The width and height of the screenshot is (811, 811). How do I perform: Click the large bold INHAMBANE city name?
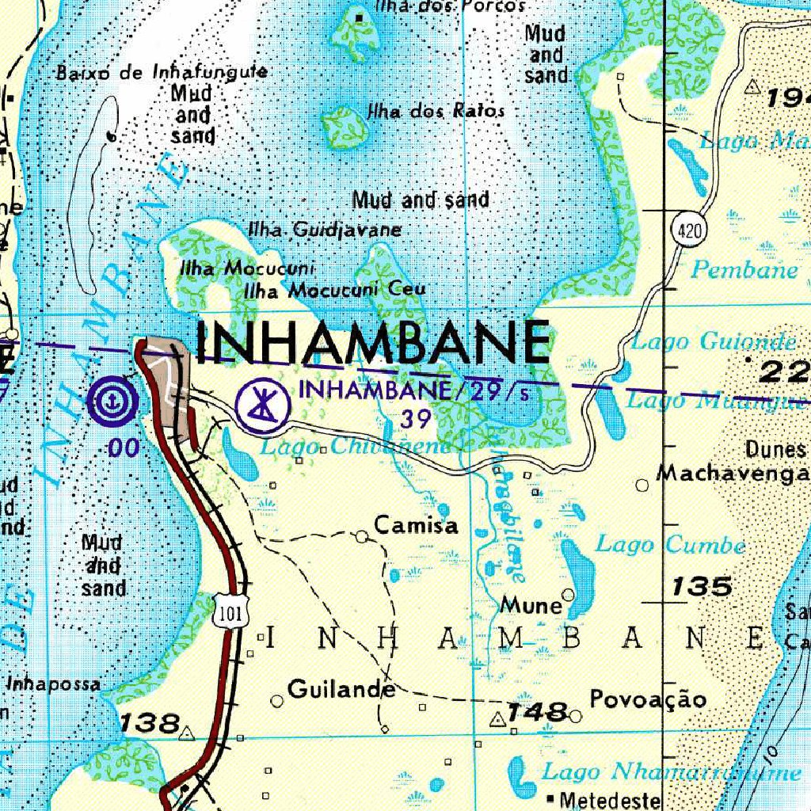click(x=372, y=343)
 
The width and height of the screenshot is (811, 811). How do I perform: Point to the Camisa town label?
click(x=416, y=525)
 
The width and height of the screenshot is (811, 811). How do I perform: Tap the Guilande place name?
click(x=341, y=689)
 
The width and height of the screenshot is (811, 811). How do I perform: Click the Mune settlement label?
click(x=531, y=606)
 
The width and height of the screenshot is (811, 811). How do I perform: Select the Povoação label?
click(x=648, y=699)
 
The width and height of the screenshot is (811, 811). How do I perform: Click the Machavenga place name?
click(x=733, y=474)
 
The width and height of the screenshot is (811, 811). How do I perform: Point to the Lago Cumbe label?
click(x=670, y=545)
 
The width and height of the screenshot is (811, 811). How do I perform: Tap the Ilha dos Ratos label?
click(x=435, y=111)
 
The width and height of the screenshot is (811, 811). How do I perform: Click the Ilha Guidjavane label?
click(x=325, y=230)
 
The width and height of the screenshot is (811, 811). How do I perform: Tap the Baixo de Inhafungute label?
click(x=161, y=73)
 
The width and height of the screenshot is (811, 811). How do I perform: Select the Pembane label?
click(x=744, y=270)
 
